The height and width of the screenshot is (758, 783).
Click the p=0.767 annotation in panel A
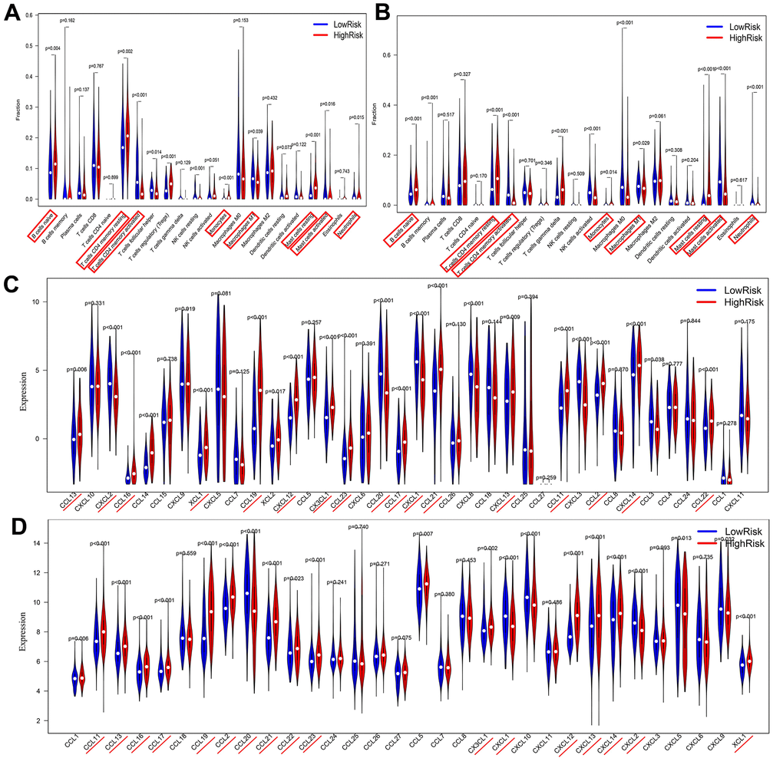[x=97, y=66]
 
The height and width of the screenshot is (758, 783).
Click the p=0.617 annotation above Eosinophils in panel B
[x=736, y=179]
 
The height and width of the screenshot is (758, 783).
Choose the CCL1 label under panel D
[x=74, y=741]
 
